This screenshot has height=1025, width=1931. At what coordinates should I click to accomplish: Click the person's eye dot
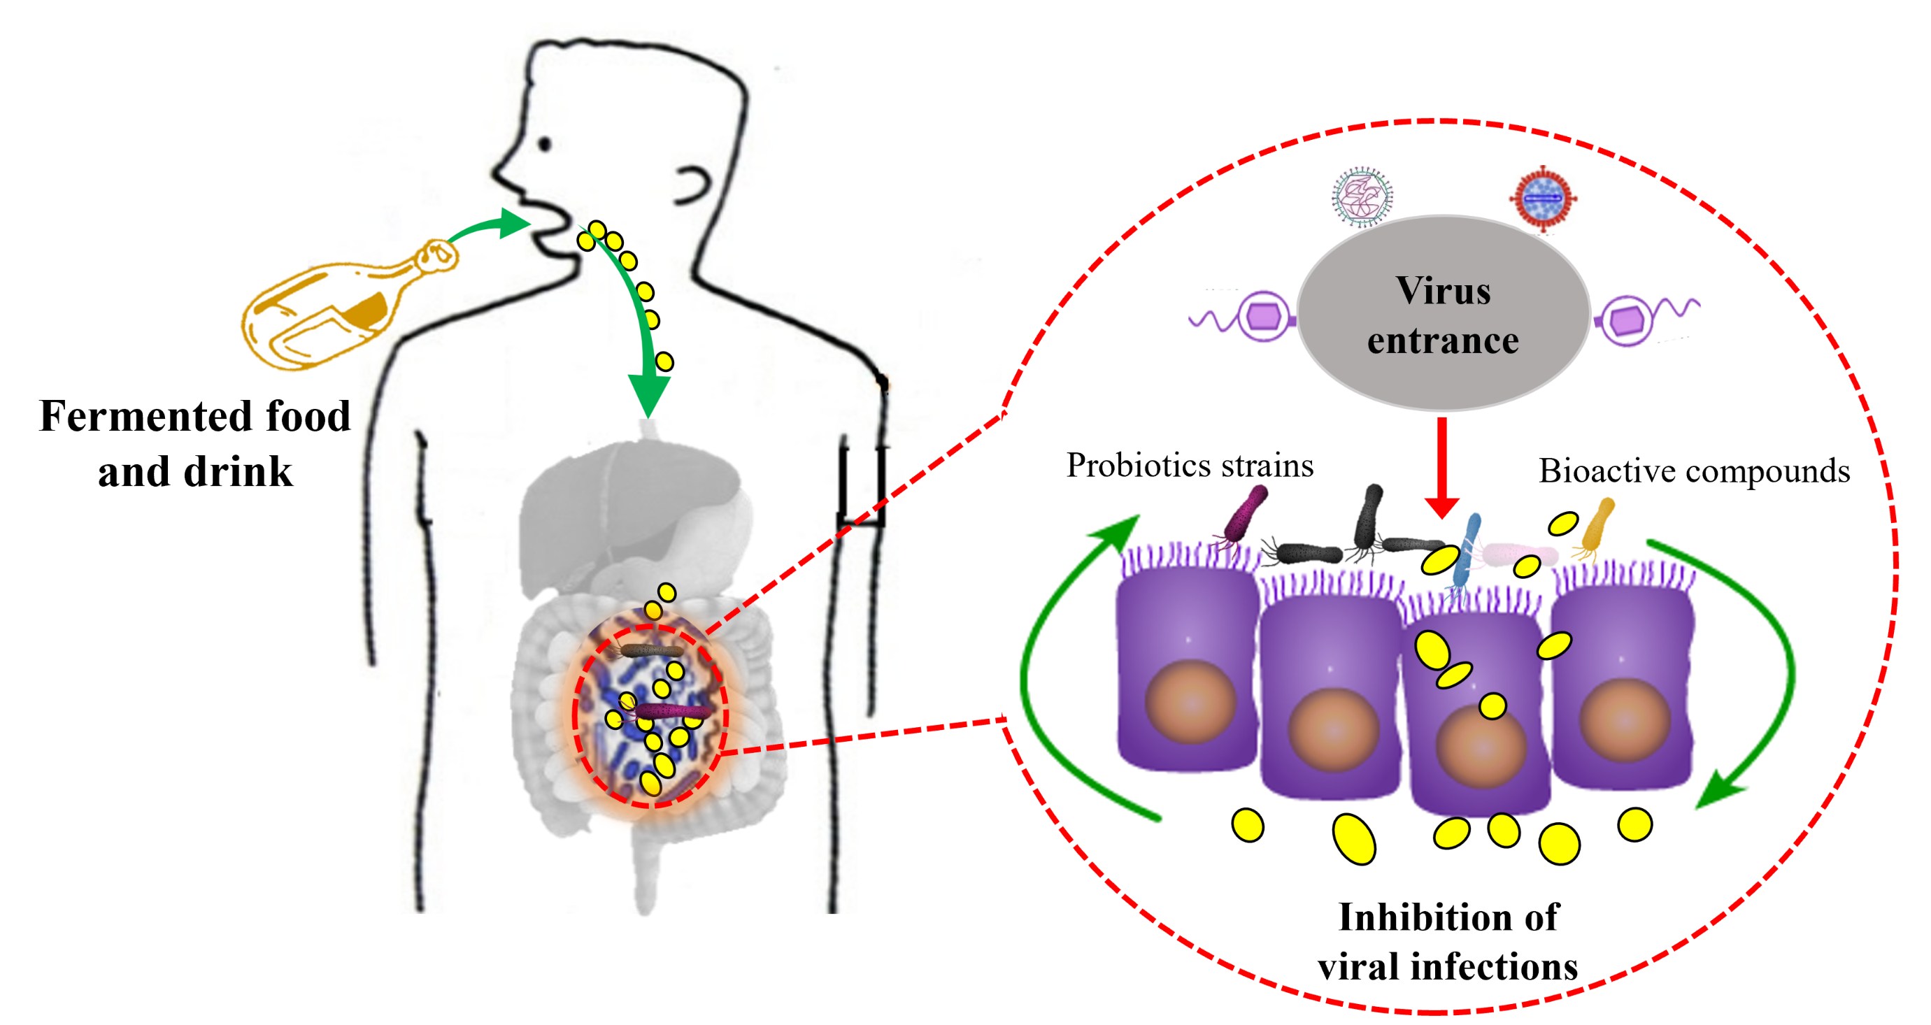(545, 143)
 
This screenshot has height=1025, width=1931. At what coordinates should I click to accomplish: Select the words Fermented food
(195, 416)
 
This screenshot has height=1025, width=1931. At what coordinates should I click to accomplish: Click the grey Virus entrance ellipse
(1443, 313)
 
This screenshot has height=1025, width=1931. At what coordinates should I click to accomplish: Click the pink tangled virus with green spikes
(1363, 197)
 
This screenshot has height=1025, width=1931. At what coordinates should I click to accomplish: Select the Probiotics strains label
(1190, 465)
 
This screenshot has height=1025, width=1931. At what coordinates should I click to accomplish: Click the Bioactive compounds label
(1694, 471)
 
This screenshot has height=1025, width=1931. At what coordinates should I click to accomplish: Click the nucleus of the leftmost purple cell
(1190, 702)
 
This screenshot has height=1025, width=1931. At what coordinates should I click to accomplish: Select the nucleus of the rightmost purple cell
(1625, 720)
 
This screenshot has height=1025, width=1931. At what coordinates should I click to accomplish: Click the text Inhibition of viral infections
(1448, 941)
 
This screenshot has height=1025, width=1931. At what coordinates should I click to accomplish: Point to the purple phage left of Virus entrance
(1244, 317)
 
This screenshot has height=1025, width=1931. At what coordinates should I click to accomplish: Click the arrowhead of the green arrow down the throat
(648, 394)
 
